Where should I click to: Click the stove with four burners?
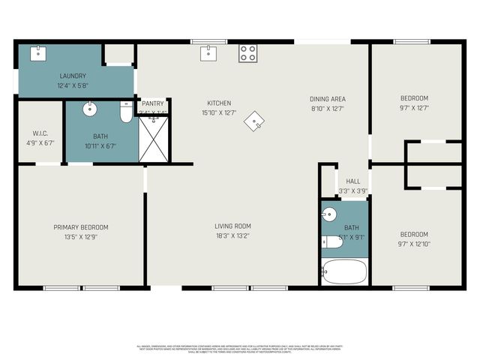(x=247, y=53)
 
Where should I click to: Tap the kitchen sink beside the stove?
(x=208, y=52)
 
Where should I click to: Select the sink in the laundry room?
(x=37, y=52)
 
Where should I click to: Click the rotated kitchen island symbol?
(x=257, y=121)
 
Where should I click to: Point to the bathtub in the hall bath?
(x=345, y=271)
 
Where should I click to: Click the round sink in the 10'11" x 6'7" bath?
(x=90, y=110)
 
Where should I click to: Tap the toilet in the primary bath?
(x=126, y=112)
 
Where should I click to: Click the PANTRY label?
(x=153, y=103)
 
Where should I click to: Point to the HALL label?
(x=352, y=181)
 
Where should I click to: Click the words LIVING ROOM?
(x=233, y=226)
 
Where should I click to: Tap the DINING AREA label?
(x=328, y=99)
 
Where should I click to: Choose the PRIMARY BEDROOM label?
(x=80, y=227)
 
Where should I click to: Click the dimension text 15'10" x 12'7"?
(x=220, y=113)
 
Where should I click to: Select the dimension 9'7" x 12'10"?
(x=414, y=243)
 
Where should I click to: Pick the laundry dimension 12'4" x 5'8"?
(x=73, y=85)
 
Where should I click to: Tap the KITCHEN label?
(x=219, y=103)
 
